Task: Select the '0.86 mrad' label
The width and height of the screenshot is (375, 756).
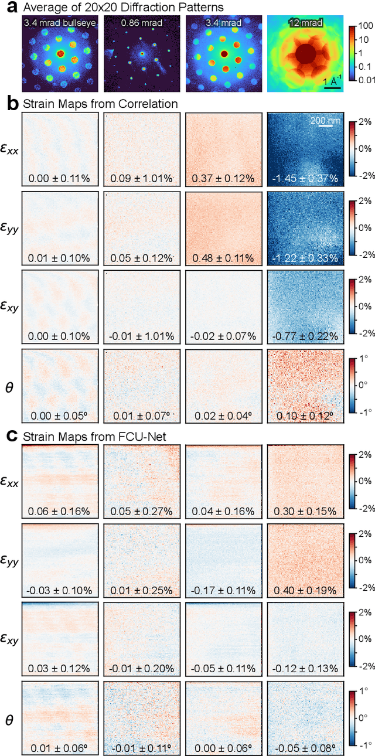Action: [141, 23]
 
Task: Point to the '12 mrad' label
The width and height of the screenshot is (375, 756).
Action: [304, 23]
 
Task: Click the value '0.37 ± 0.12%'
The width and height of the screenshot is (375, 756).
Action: [223, 178]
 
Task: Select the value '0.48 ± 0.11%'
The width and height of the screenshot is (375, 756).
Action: [223, 258]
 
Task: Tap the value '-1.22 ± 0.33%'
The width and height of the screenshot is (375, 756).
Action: [304, 258]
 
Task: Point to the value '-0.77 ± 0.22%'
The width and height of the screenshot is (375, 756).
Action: [304, 336]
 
